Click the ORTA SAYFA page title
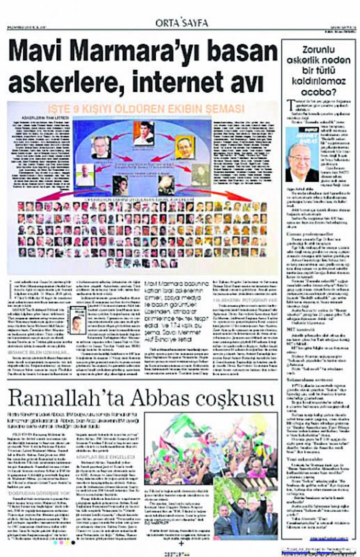[x=182, y=23]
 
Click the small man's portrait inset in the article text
[x=77, y=319]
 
